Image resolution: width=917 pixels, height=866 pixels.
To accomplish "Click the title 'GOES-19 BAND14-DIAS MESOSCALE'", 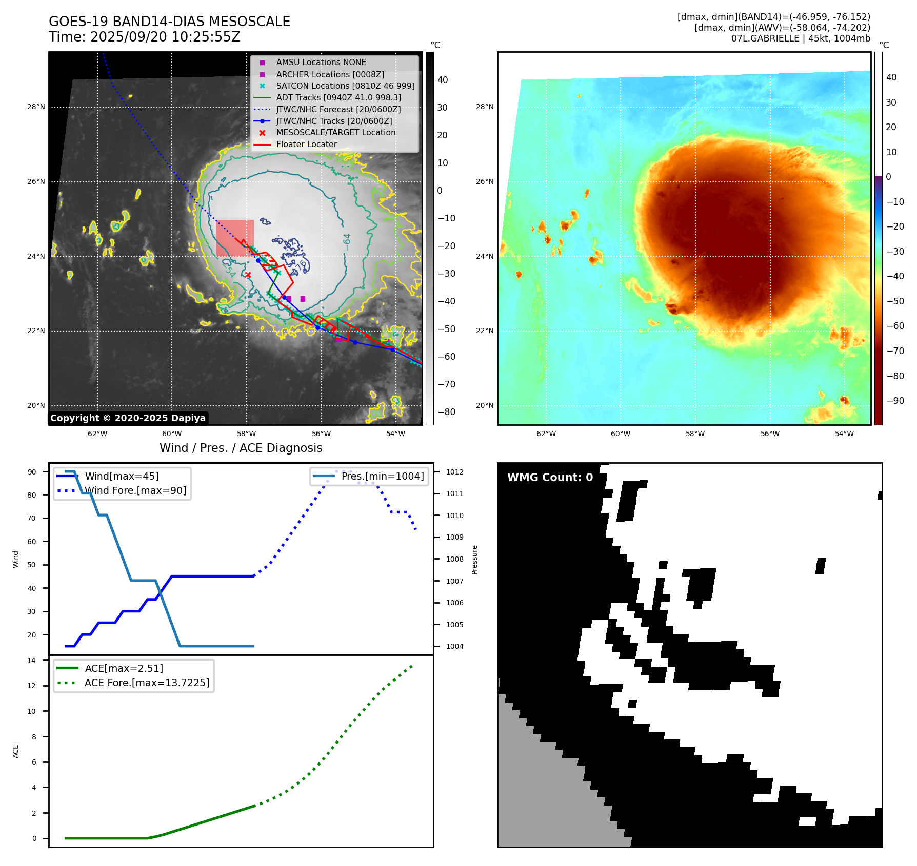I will (169, 22).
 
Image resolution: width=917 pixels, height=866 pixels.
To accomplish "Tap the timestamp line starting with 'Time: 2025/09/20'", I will (144, 37).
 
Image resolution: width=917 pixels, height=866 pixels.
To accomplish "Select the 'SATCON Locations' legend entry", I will (345, 86).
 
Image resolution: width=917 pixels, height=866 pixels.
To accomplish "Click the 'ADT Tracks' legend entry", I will (338, 97).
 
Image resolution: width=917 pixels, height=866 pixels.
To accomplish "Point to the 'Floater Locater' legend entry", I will (306, 144).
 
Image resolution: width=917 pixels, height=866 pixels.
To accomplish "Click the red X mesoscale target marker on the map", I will (248, 275).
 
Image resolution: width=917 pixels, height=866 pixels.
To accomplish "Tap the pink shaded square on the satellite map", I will (235, 238).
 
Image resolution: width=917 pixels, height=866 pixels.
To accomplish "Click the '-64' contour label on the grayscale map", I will (347, 242).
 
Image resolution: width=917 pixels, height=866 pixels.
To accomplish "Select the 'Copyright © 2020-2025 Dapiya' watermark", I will (128, 418).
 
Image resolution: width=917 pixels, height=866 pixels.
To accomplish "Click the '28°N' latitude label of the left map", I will (36, 107).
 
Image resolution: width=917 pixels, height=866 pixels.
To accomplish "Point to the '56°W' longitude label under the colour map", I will (769, 434).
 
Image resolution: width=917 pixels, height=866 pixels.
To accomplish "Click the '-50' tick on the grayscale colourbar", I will (446, 329).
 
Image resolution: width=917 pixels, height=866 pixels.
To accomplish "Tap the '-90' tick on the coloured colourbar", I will (895, 401).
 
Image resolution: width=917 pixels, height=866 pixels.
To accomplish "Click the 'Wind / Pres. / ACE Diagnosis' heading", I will (241, 448).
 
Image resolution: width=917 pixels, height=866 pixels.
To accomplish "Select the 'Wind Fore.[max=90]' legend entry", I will (135, 490).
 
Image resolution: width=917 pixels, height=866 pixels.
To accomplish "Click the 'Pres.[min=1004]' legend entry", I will (382, 476).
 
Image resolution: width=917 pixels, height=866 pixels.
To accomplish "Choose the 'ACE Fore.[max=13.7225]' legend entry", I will (147, 683).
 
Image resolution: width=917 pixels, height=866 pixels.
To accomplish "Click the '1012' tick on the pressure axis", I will (454, 472).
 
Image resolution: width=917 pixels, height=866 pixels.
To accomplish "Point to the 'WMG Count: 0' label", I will (550, 478).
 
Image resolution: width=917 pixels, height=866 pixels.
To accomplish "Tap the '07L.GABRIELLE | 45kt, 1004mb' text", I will (800, 38).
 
